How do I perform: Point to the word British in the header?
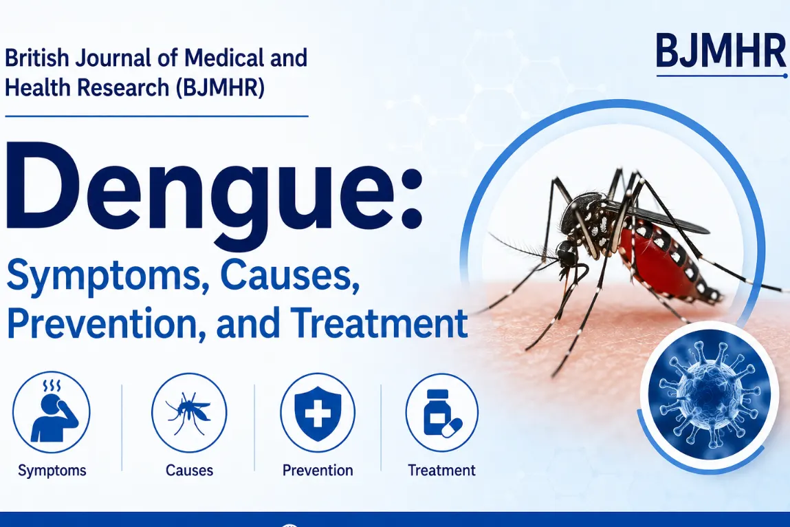pyautogui.click(x=36, y=58)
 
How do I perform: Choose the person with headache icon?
pyautogui.click(x=52, y=412)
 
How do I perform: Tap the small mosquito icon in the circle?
pyautogui.click(x=189, y=413)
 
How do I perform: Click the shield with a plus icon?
pyautogui.click(x=318, y=413)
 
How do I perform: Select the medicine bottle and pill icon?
pyautogui.click(x=442, y=413)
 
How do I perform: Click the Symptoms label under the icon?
pyautogui.click(x=52, y=471)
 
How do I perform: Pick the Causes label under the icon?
pyautogui.click(x=190, y=471)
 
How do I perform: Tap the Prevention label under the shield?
pyautogui.click(x=318, y=471)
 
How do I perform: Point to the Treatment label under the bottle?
pyautogui.click(x=441, y=471)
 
